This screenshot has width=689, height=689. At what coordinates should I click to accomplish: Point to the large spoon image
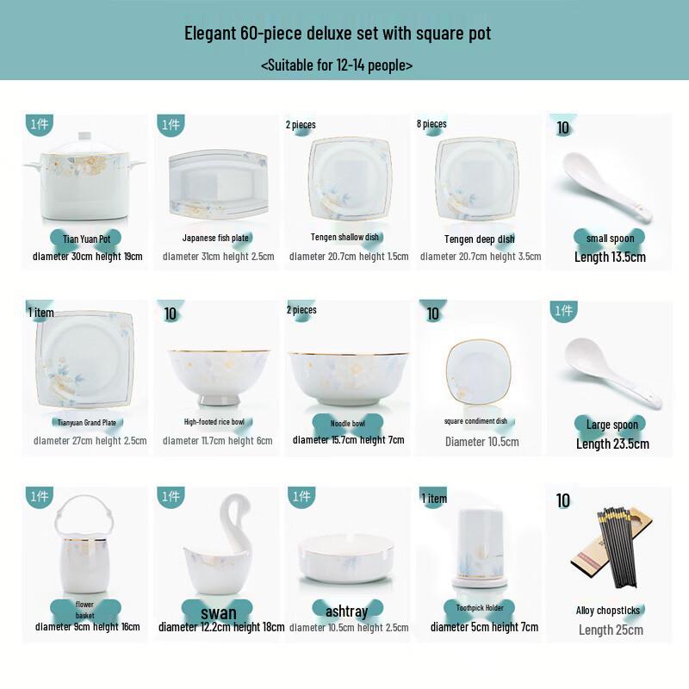click(x=608, y=370)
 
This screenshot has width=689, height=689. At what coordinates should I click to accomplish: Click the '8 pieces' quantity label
click(x=431, y=124)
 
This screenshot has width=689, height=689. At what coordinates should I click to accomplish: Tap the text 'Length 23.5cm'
click(x=612, y=444)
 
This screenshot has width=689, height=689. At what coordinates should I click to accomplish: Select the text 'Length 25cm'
click(x=610, y=630)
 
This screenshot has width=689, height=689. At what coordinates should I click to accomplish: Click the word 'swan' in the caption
click(x=218, y=613)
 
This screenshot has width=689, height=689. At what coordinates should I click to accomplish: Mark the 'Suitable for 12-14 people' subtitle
click(x=336, y=65)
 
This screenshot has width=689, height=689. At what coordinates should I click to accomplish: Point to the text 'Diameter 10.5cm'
click(x=481, y=442)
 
